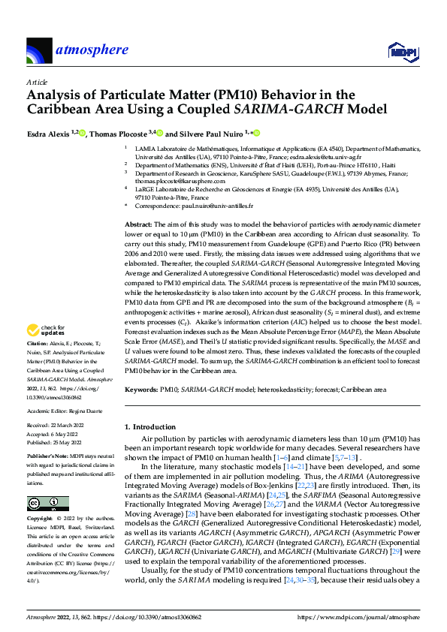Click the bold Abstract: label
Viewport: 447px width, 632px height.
pyautogui.click(x=137, y=225)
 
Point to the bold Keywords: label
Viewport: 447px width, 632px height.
pyautogui.click(x=140, y=390)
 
